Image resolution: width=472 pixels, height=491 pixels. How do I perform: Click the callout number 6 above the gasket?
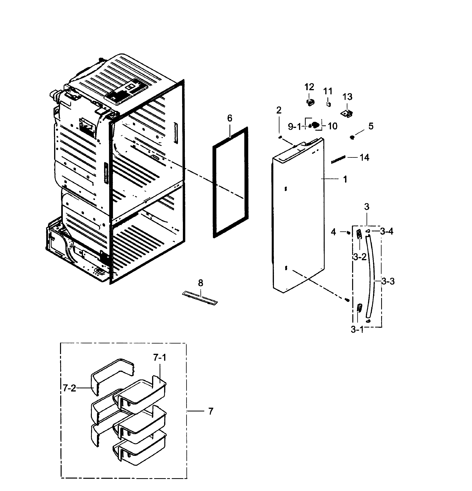tap(229, 118)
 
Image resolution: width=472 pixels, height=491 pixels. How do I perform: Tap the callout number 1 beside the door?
tap(345, 179)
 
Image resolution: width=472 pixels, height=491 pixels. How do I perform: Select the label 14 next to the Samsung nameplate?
tap(364, 158)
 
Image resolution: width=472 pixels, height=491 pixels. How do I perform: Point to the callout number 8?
tap(200, 283)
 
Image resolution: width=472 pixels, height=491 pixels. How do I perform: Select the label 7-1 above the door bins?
tap(160, 358)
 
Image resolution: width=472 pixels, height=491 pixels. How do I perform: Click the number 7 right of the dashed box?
tap(211, 411)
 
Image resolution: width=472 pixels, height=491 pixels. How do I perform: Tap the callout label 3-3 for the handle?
tap(388, 281)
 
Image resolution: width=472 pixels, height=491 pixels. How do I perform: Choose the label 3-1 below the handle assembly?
tap(357, 330)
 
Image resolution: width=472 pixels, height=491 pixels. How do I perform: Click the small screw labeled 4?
tap(348, 233)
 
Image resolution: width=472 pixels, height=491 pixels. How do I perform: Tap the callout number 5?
tap(371, 126)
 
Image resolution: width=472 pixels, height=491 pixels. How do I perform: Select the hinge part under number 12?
tap(310, 102)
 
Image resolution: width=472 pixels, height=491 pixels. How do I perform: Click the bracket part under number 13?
tap(347, 113)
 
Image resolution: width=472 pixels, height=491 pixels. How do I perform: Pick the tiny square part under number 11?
tap(329, 104)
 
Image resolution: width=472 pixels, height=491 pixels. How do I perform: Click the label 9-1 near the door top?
tap(294, 127)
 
